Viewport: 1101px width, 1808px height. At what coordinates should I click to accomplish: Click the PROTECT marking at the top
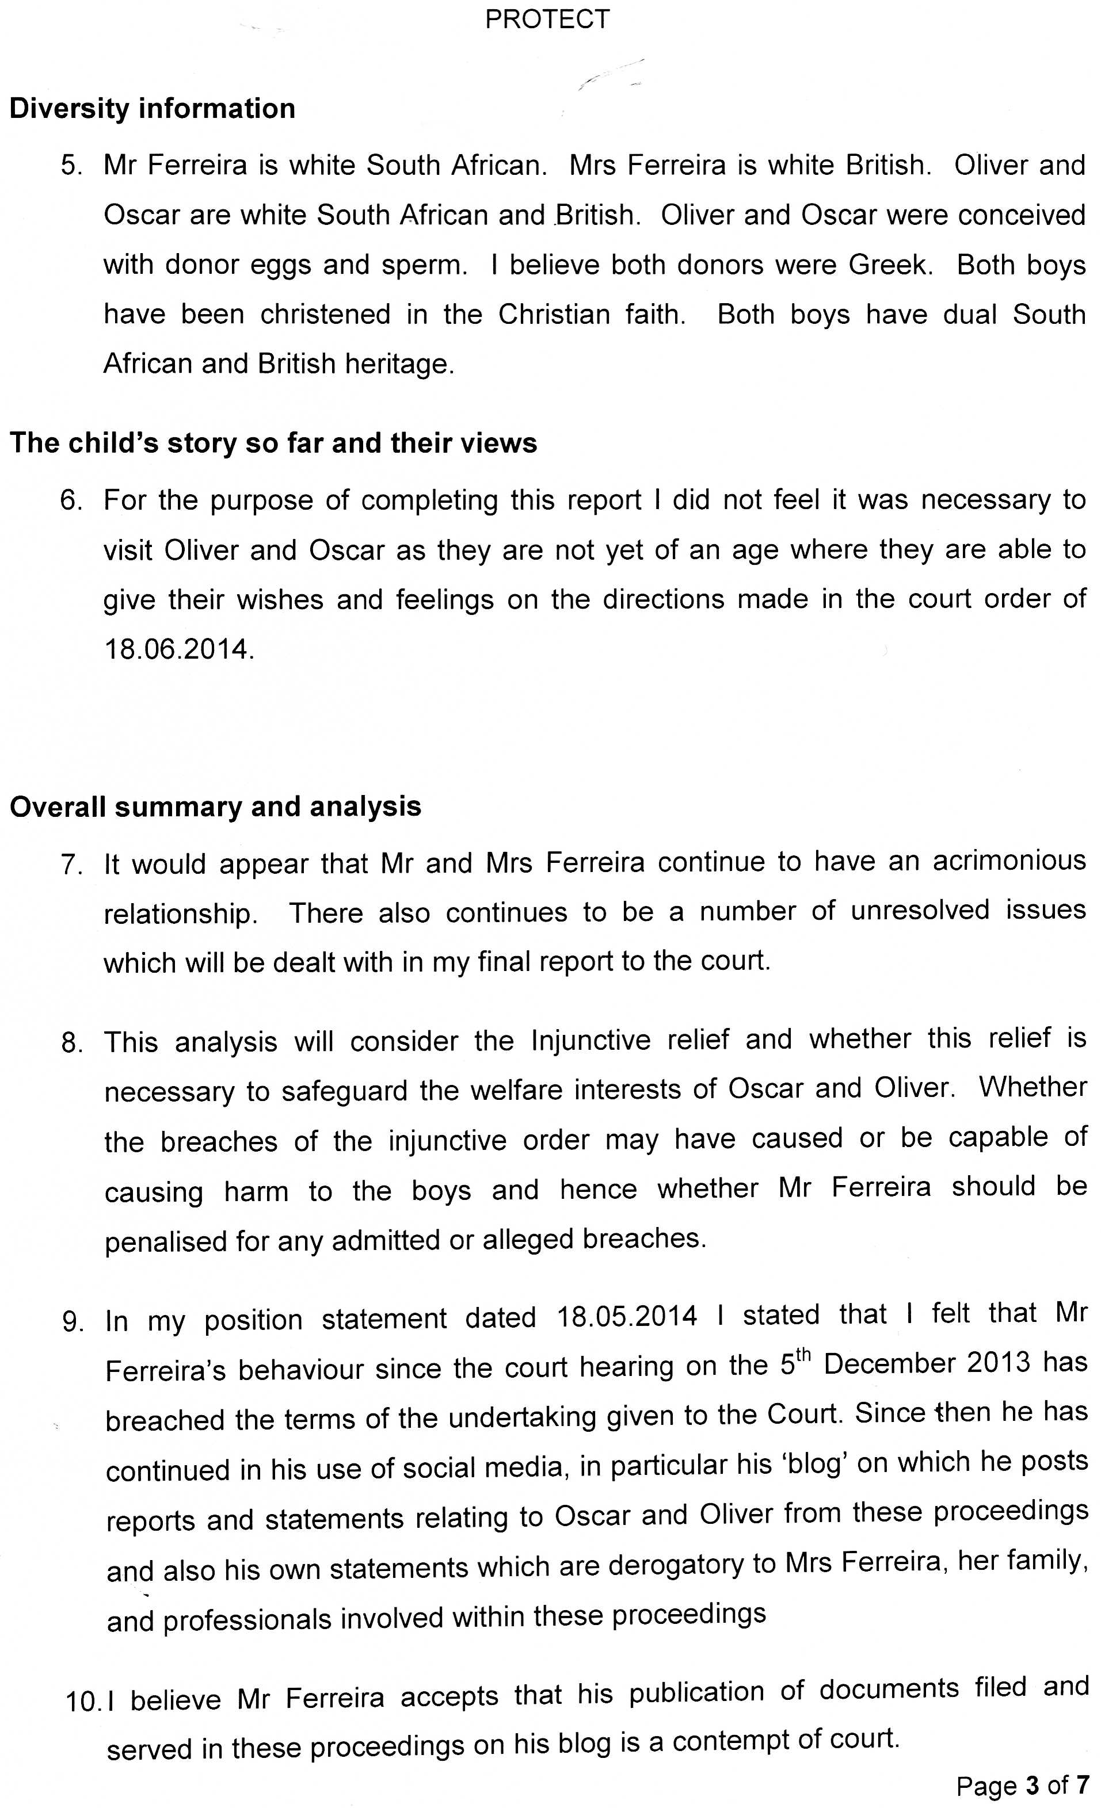tap(547, 19)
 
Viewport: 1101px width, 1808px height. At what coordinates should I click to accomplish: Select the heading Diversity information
tap(153, 109)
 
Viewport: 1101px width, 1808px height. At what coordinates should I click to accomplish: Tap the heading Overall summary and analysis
tap(215, 806)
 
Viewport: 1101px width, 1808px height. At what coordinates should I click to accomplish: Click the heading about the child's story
tap(273, 443)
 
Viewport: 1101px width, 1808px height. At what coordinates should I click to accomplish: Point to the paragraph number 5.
tap(72, 166)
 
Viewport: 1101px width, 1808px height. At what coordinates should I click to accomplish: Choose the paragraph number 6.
tap(71, 501)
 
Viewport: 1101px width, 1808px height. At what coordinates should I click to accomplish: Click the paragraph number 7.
tap(71, 865)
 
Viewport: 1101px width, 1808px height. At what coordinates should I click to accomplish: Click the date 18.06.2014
tap(178, 650)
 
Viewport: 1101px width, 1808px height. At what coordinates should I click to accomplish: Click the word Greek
tap(890, 265)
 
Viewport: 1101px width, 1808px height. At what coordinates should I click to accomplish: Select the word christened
tap(325, 315)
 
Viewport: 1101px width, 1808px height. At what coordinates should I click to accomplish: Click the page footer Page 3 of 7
tap(1023, 1785)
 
